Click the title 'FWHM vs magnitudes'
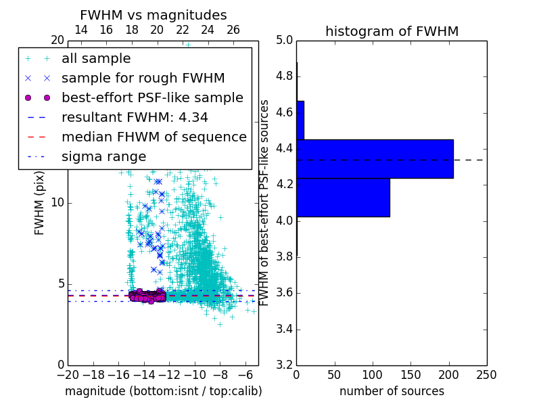(154, 15)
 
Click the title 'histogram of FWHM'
(392, 31)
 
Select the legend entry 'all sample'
(96, 59)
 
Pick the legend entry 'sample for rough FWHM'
(143, 78)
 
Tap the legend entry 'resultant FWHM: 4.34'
(135, 118)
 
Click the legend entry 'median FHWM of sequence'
(154, 137)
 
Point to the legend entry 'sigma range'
(103, 157)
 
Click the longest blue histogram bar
(375, 159)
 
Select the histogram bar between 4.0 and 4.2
(343, 198)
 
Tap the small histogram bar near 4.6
(300, 120)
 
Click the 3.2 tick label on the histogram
(285, 365)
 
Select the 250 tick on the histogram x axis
(486, 375)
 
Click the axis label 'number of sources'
(392, 391)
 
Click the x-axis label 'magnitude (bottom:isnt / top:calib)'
(163, 391)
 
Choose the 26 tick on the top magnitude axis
(233, 30)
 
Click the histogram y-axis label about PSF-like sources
(264, 202)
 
